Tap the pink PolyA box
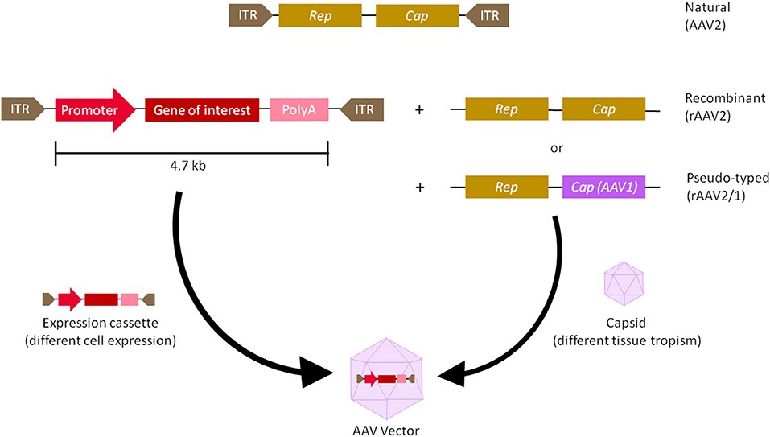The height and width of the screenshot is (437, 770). coord(298,109)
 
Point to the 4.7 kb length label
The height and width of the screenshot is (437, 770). coord(191,167)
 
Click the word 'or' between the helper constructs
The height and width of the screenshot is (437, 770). coord(554,149)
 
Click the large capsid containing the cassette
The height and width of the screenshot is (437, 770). coord(386,379)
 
